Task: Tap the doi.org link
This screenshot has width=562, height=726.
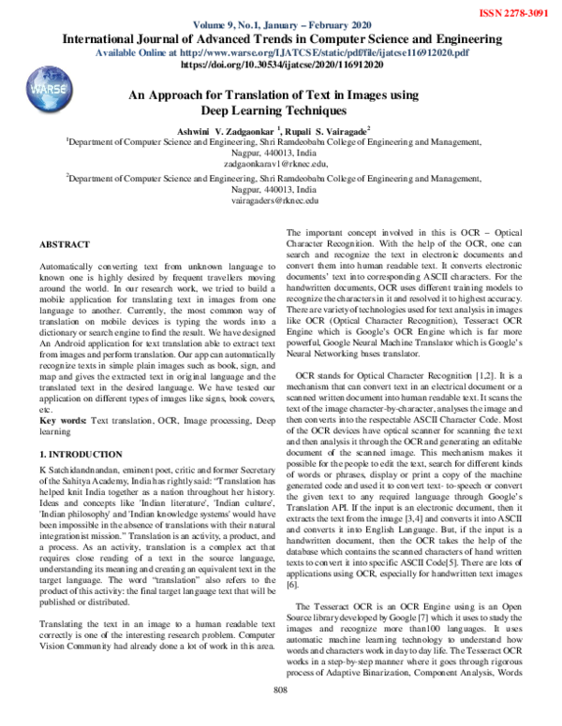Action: point(280,66)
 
